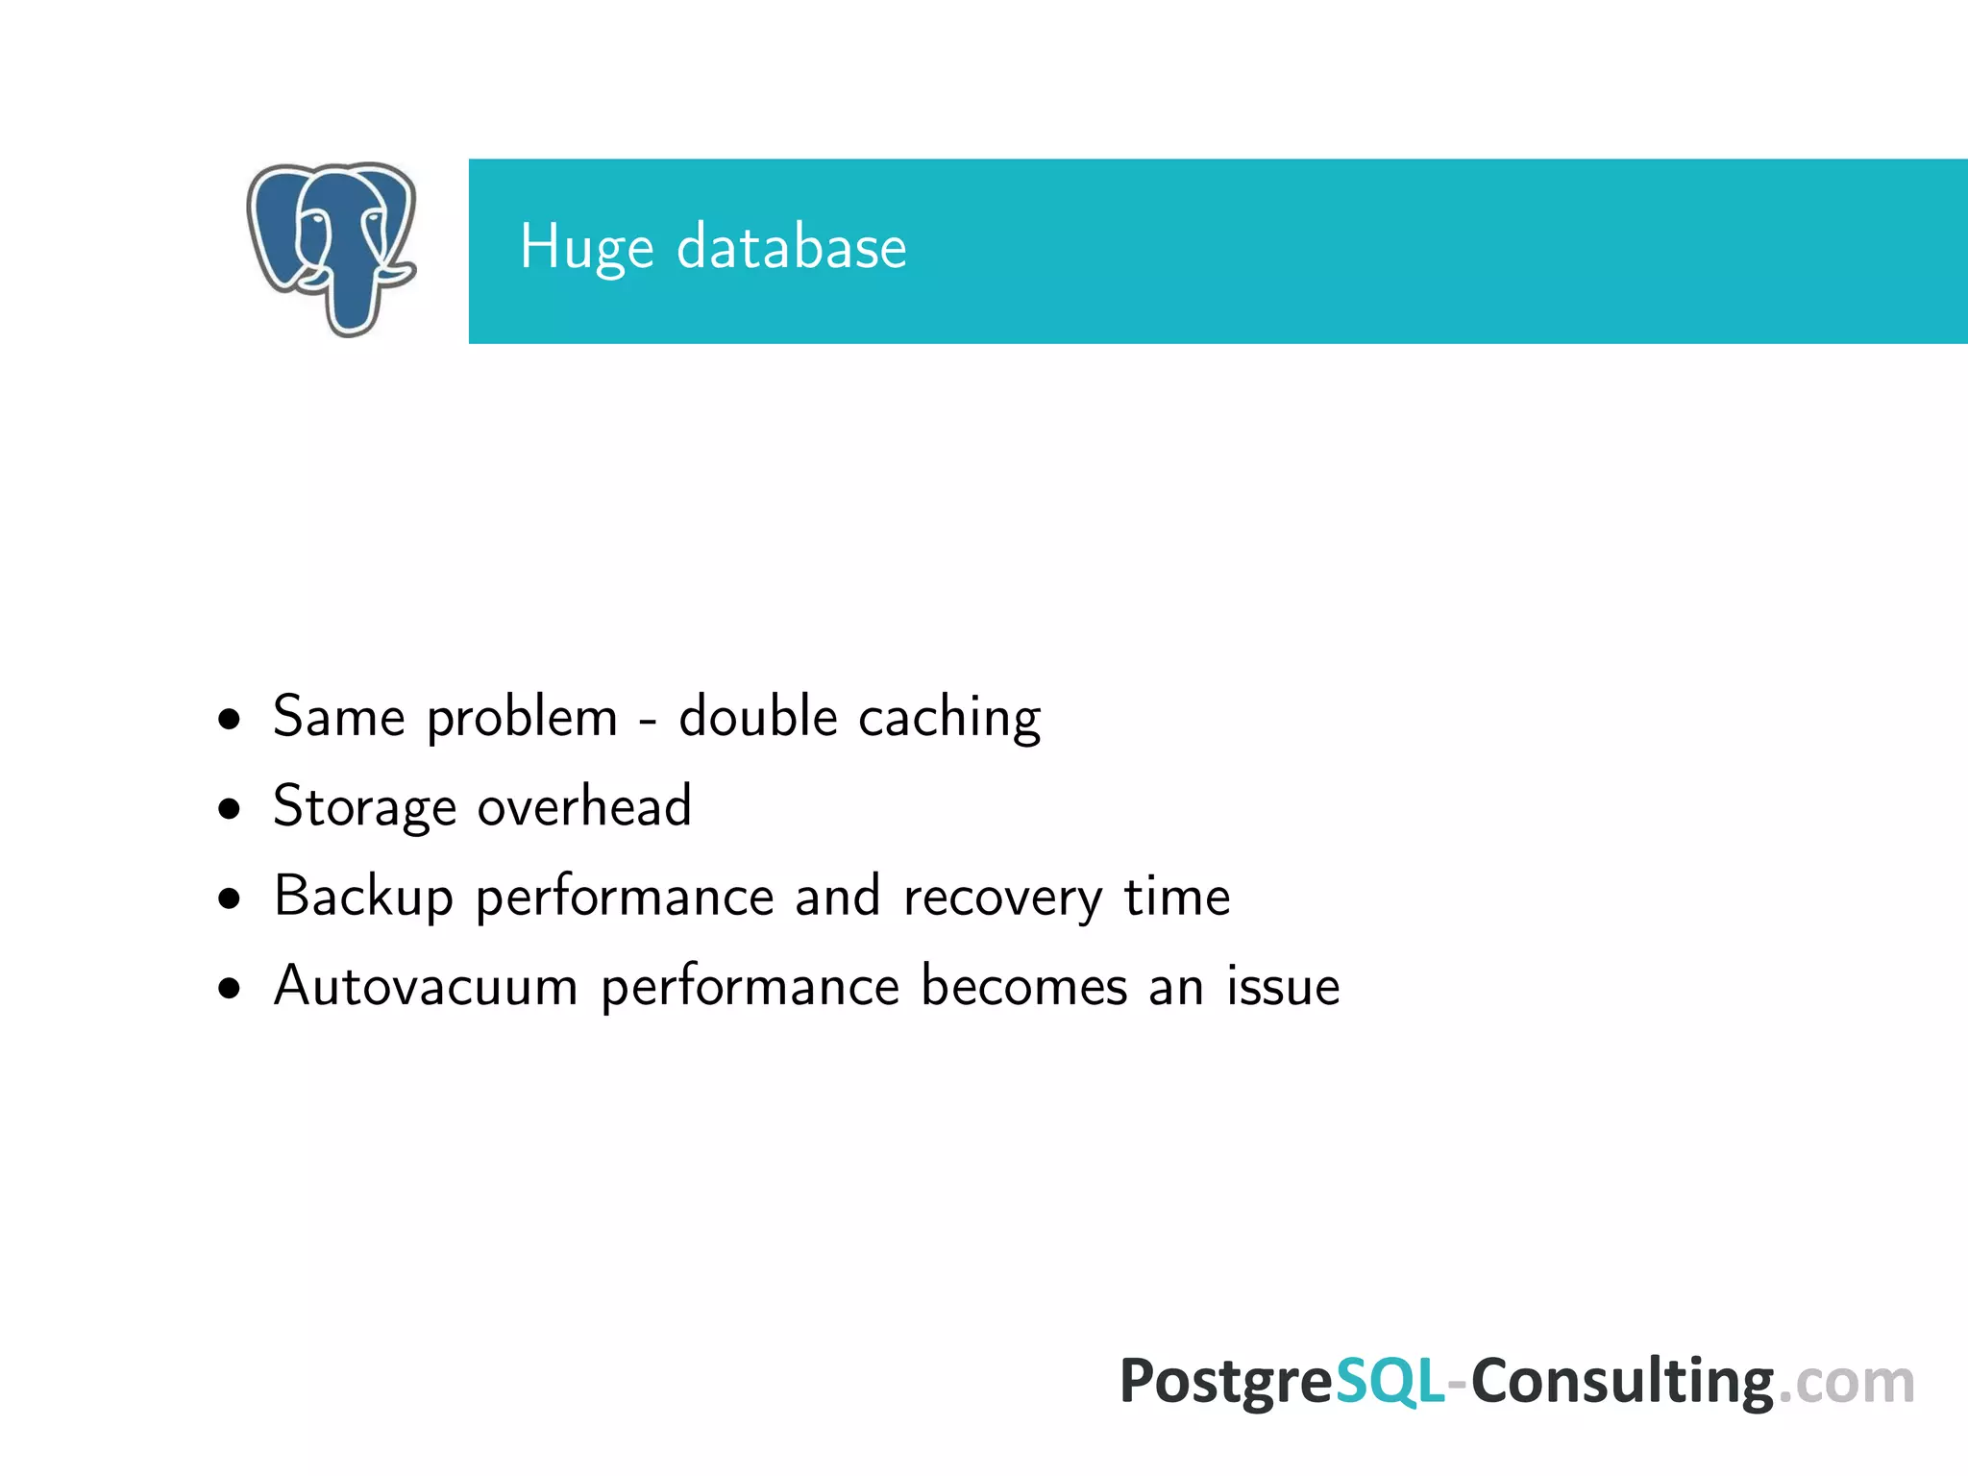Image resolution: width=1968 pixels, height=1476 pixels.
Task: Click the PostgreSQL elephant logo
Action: [332, 248]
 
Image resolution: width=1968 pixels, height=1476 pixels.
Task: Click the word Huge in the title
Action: [586, 248]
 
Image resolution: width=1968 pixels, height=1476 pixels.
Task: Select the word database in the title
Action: [791, 248]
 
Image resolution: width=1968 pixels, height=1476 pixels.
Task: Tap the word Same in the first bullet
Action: [338, 717]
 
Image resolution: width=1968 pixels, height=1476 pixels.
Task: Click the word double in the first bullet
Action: [758, 717]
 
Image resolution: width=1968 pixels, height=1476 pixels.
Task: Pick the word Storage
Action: [364, 807]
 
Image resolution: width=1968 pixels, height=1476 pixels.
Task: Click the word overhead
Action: [584, 805]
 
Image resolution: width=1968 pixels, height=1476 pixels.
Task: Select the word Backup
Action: [362, 898]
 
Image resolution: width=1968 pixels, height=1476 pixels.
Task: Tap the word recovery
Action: [1002, 898]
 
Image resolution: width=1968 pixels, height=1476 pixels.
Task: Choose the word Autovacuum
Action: [425, 986]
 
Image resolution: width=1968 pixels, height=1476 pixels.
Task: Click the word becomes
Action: [1023, 986]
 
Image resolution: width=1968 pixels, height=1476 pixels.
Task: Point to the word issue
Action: [1283, 986]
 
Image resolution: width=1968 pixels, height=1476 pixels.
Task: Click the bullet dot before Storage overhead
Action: [229, 809]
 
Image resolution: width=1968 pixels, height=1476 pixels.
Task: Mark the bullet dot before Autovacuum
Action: [229, 988]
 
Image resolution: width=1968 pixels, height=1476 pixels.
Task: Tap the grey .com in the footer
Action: [1846, 1383]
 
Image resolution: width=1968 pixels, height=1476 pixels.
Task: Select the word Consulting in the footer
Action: [1622, 1381]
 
